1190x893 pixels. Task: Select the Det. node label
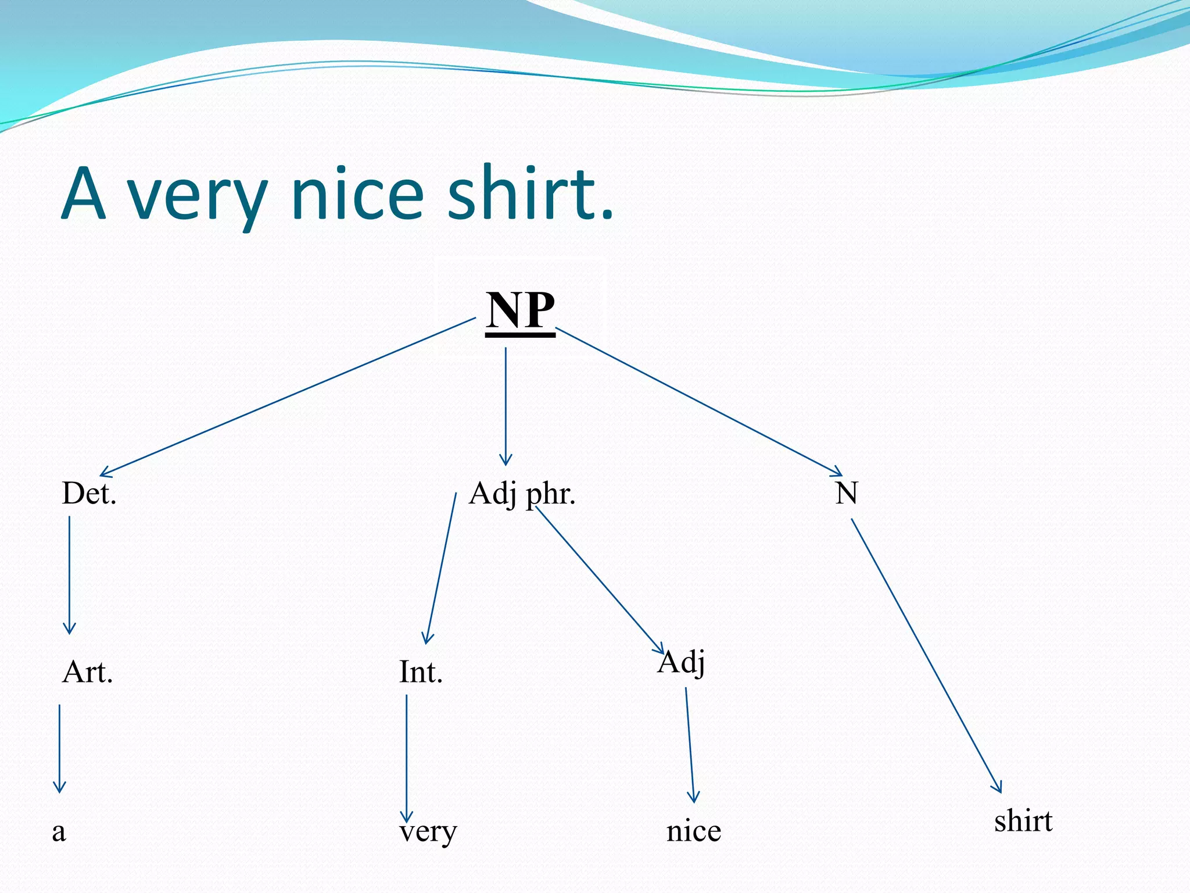click(x=89, y=494)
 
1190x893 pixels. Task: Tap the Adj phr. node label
click(x=522, y=494)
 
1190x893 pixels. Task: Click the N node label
click(x=846, y=494)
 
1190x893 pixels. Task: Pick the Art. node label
click(x=87, y=672)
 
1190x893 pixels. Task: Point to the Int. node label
click(x=421, y=672)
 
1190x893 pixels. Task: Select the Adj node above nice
click(x=682, y=663)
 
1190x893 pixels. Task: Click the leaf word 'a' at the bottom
click(x=59, y=831)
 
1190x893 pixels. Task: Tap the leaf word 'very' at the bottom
click(x=428, y=831)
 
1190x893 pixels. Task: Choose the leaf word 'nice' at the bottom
click(x=694, y=831)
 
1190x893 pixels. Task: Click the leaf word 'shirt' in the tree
click(x=1023, y=821)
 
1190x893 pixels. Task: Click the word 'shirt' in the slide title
click(x=530, y=194)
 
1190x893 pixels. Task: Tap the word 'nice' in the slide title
click(x=358, y=194)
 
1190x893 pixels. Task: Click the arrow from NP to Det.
click(x=288, y=397)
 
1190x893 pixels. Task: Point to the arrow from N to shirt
click(x=926, y=655)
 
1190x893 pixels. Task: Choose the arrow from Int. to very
click(x=406, y=759)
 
